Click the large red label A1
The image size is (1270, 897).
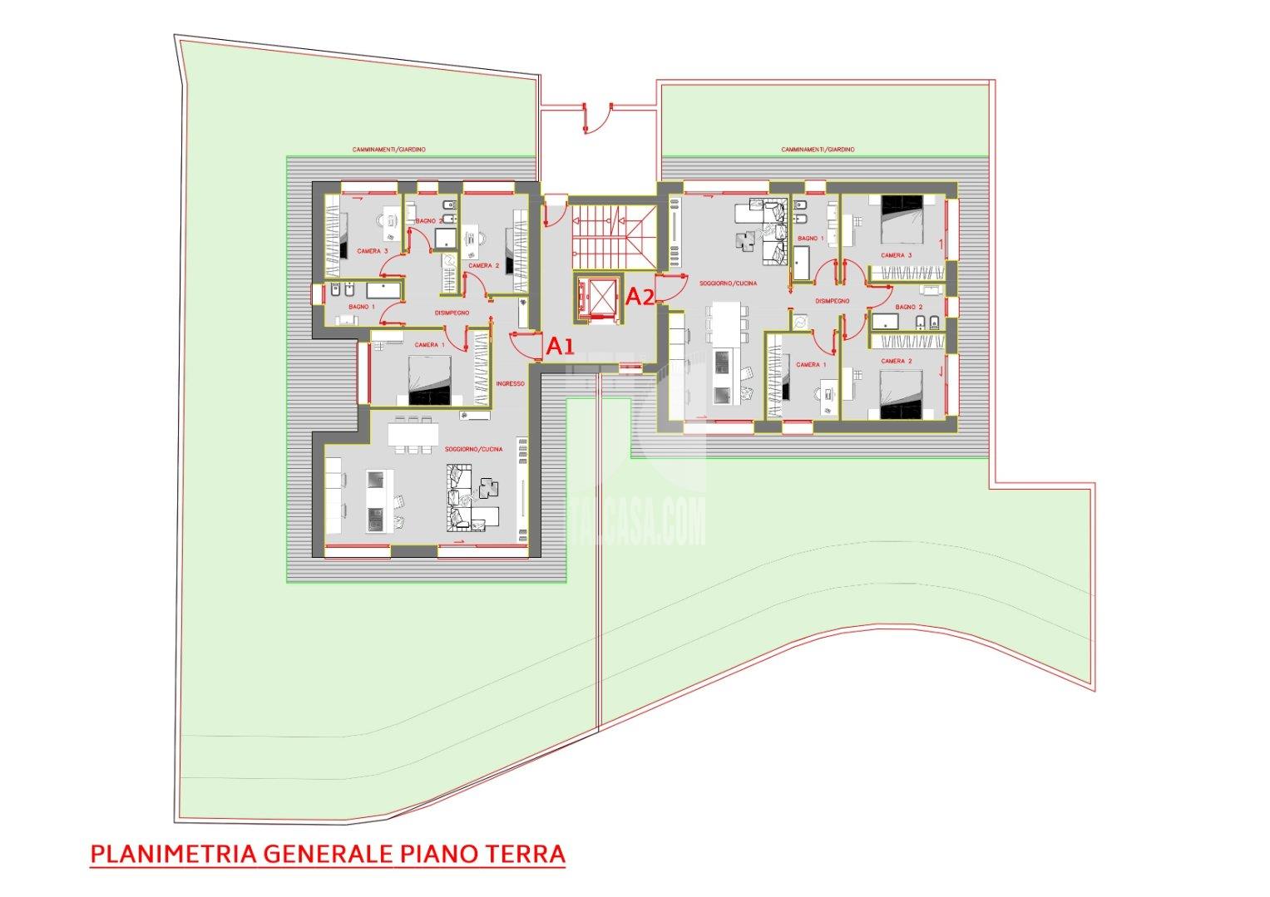pos(560,346)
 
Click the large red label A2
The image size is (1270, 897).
pos(639,296)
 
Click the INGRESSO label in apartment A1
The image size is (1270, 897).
pos(510,383)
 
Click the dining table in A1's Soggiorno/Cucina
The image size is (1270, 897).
pos(413,433)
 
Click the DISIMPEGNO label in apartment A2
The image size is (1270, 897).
pos(832,301)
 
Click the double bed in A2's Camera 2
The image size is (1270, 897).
pos(901,394)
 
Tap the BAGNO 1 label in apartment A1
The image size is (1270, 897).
pos(362,307)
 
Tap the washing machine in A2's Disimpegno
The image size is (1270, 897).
pos(801,322)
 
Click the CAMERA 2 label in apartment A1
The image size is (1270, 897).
pos(482,266)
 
